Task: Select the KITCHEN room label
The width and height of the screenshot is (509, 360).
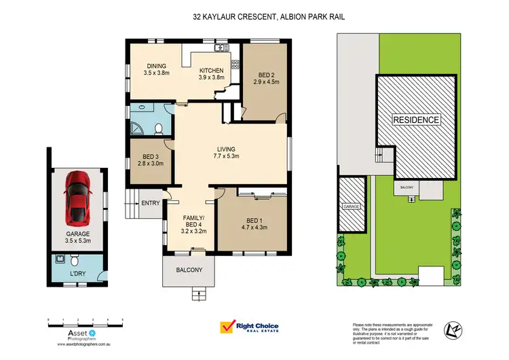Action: coord(211,71)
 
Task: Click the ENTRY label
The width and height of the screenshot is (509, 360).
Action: coord(149,203)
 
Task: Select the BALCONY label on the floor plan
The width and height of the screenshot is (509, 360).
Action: coord(189,270)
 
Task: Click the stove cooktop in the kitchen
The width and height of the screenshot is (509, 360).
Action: coord(235,65)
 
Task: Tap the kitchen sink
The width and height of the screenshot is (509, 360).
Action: coord(219,48)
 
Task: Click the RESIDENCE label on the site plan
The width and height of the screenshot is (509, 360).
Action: coord(417,120)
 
